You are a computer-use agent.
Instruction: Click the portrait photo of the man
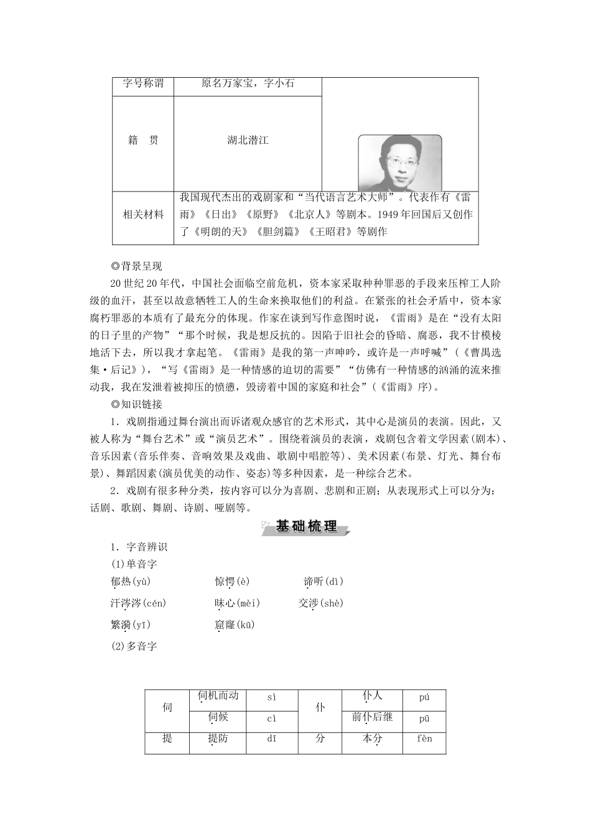point(399,164)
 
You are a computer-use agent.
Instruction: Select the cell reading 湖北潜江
point(248,141)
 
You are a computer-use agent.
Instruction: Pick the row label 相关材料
point(143,215)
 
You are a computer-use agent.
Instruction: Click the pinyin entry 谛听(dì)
point(323,582)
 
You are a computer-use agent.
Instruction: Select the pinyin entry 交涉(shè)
point(320,603)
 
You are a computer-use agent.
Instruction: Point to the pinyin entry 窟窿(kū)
point(235,625)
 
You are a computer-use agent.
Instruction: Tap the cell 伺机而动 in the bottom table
point(218,696)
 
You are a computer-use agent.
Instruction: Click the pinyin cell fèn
point(424,739)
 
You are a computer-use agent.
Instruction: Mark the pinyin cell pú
point(424,697)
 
